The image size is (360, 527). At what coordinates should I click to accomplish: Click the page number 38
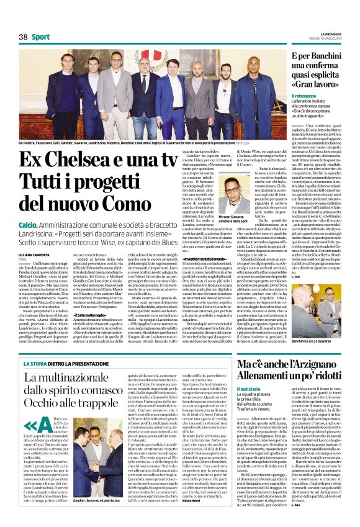tap(24, 37)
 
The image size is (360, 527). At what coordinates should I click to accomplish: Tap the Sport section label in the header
tap(42, 37)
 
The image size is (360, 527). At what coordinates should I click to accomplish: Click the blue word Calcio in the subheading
tap(27, 223)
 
